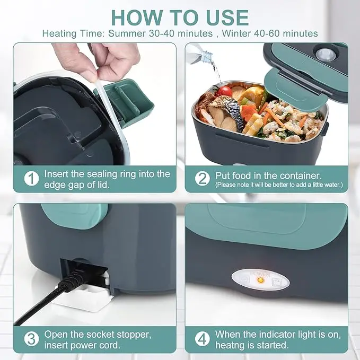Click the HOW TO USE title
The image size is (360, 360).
click(x=180, y=17)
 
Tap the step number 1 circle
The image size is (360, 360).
click(x=31, y=178)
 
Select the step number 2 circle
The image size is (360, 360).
click(x=202, y=178)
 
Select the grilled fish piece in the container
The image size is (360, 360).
click(x=226, y=115)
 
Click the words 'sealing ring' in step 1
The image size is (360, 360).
click(x=123, y=173)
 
